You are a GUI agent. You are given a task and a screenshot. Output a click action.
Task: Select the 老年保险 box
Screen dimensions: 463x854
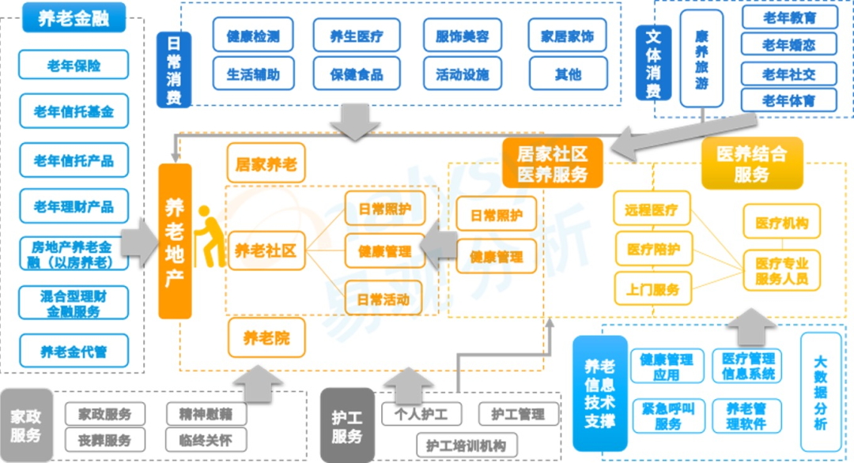pyautogui.click(x=74, y=66)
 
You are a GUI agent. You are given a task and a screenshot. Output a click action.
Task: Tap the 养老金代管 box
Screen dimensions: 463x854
pyautogui.click(x=74, y=352)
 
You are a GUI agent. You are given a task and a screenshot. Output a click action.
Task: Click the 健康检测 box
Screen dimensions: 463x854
pyautogui.click(x=253, y=36)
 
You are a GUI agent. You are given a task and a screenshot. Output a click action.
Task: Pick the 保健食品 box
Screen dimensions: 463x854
pyautogui.click(x=357, y=74)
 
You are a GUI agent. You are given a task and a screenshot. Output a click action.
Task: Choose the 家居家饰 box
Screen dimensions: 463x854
pyautogui.click(x=567, y=36)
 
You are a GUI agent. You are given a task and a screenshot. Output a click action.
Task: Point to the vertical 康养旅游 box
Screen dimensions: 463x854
pyautogui.click(x=701, y=59)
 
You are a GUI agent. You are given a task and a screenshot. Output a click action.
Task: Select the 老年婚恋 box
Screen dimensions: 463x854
pyautogui.click(x=788, y=45)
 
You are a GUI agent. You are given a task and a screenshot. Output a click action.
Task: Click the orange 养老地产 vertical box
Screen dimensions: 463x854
pyautogui.click(x=175, y=241)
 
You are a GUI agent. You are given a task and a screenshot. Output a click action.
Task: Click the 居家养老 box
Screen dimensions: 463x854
pyautogui.click(x=266, y=164)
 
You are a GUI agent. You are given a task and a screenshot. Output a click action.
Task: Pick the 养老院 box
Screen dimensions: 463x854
pyautogui.click(x=266, y=339)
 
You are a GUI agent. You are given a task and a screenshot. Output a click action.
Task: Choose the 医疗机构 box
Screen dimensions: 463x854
pyautogui.click(x=781, y=224)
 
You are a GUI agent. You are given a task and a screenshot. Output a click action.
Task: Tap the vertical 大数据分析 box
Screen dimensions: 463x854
pyautogui.click(x=820, y=391)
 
